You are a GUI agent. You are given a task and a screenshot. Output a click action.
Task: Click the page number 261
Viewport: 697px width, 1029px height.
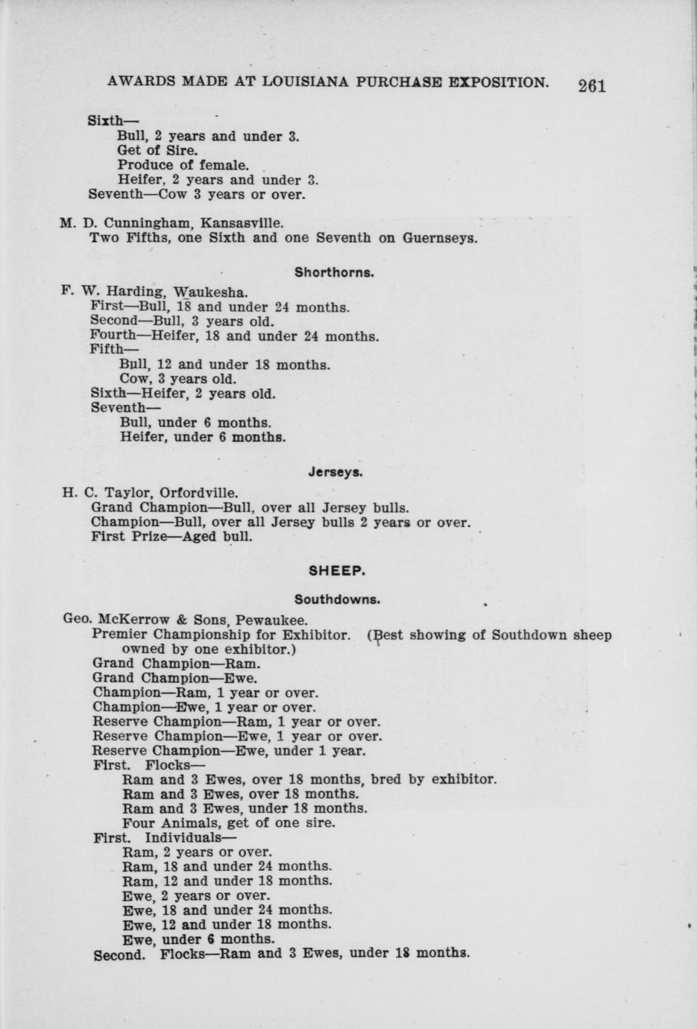pyautogui.click(x=592, y=85)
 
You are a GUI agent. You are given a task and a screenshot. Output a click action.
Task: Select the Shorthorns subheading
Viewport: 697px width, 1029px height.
pyautogui.click(x=334, y=272)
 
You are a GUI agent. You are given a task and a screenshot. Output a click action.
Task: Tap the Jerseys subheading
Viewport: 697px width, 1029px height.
pyautogui.click(x=335, y=472)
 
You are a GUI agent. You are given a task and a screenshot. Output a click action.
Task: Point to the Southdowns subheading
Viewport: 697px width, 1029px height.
pyautogui.click(x=337, y=599)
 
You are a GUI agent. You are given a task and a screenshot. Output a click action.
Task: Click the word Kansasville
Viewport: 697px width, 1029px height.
pyautogui.click(x=242, y=223)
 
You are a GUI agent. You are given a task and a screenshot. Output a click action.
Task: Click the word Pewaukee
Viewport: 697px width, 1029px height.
pyautogui.click(x=271, y=620)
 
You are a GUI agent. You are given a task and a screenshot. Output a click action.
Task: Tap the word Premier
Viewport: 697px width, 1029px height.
pyautogui.click(x=119, y=635)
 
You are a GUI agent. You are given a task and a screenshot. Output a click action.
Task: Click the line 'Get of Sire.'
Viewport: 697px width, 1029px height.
pyautogui.click(x=157, y=151)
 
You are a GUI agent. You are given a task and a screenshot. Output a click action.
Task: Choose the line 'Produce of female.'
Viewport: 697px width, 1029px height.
pyautogui.click(x=183, y=165)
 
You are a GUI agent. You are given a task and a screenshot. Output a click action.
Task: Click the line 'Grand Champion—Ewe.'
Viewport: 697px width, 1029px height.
pyautogui.click(x=175, y=679)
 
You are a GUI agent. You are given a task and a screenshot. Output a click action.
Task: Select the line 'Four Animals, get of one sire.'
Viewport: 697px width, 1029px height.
pyautogui.click(x=228, y=823)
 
